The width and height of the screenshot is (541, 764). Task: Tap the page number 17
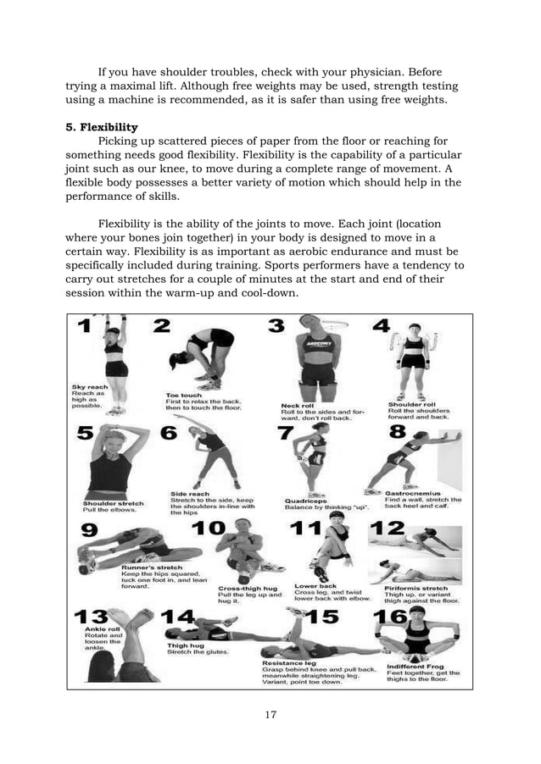[270, 715]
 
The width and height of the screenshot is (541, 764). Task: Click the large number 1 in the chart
[86, 328]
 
